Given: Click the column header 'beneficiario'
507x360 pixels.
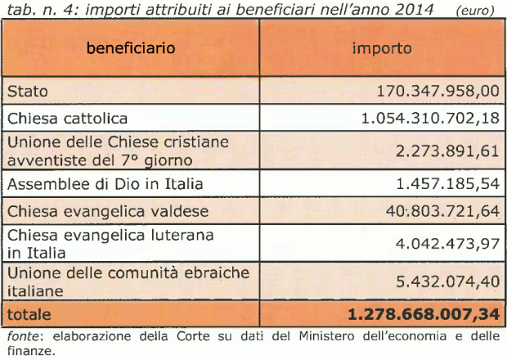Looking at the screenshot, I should (x=131, y=47).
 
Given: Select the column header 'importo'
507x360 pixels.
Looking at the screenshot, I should (x=381, y=47).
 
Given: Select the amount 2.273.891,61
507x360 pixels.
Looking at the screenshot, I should (x=446, y=151).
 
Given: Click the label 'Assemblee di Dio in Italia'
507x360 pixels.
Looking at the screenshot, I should (x=93, y=182).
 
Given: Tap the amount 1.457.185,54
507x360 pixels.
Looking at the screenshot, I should (x=446, y=182).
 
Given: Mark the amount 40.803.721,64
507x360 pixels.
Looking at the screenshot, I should (x=442, y=211).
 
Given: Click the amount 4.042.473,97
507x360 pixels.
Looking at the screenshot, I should (x=446, y=244).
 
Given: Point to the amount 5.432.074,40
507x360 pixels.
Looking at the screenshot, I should (x=446, y=281).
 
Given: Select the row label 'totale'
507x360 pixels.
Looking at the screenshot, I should (x=29, y=313).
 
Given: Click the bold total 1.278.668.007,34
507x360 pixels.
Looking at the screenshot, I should (x=423, y=313).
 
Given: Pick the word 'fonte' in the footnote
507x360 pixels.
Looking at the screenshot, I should (x=21, y=335).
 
